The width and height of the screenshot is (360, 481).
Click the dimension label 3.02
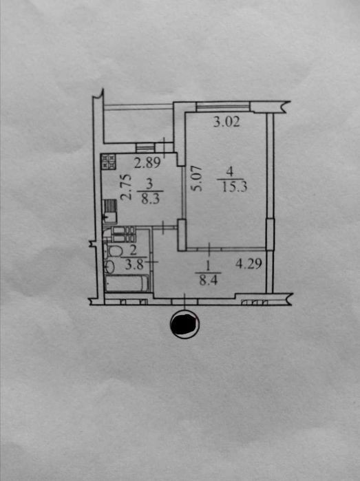click(226, 122)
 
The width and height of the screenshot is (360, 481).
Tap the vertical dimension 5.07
click(196, 178)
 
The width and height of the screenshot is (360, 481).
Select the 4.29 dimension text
click(248, 264)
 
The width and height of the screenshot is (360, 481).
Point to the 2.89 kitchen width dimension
click(147, 162)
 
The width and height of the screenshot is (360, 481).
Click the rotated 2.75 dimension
click(126, 187)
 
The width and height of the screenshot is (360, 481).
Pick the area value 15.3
click(235, 186)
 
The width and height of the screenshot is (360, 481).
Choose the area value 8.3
click(150, 199)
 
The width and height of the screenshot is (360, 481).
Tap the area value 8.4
click(209, 280)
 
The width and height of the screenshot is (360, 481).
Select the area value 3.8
click(134, 264)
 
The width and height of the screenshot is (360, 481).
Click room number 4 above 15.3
click(230, 173)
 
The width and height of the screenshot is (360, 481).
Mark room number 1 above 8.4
click(208, 266)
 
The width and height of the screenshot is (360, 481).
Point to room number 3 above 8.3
click(149, 184)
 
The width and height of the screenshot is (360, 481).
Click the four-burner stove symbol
click(109, 161)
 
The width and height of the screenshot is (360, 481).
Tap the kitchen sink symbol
click(109, 211)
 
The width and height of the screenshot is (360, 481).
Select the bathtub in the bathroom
click(127, 283)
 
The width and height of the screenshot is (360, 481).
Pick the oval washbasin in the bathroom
click(109, 266)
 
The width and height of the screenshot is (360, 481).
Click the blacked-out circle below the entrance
click(184, 325)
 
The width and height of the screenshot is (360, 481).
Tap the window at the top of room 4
click(223, 107)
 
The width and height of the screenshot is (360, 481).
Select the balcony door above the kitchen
click(145, 148)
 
